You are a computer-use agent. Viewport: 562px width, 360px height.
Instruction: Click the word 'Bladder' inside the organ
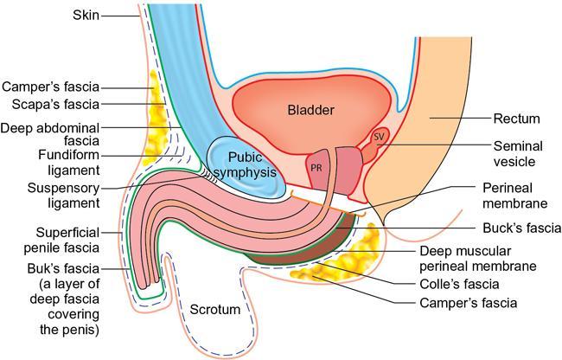pyautogui.click(x=311, y=110)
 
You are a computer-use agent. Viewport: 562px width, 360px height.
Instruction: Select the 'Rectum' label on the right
pyautogui.click(x=517, y=119)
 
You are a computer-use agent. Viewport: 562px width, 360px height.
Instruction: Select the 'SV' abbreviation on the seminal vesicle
pyautogui.click(x=378, y=137)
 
